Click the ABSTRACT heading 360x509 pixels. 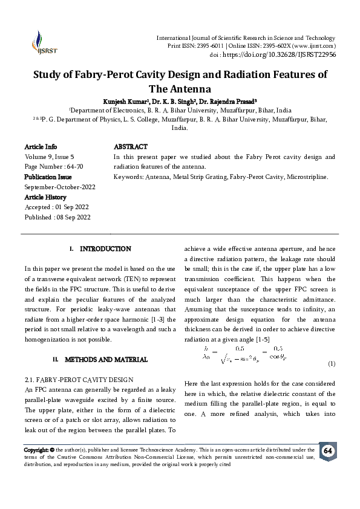(131, 147)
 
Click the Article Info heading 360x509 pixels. (41, 147)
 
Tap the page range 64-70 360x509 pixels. (80, 166)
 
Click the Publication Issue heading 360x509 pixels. (48, 177)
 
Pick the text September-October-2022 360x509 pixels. (59, 187)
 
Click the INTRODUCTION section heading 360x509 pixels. (105, 248)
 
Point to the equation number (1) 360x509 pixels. (331, 364)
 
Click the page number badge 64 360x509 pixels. (327, 452)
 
